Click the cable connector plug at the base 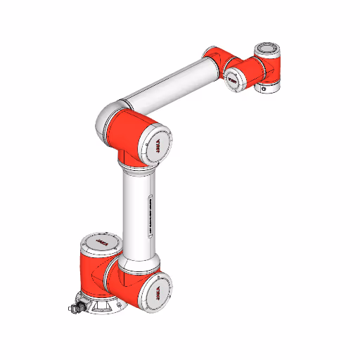pyautogui.click(x=72, y=308)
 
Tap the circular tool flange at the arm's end pyautogui.click(x=266, y=49)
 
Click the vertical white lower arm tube pyautogui.click(x=137, y=211)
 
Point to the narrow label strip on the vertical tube pyautogui.click(x=150, y=212)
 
